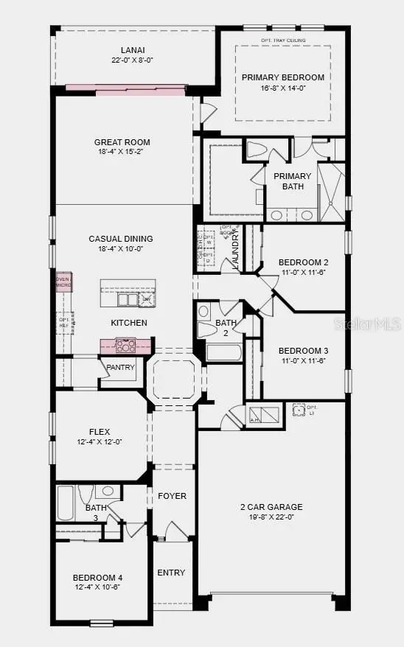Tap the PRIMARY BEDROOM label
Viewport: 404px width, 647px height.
(283, 77)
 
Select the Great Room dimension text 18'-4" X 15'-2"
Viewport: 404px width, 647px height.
(122, 153)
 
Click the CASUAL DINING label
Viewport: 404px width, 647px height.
(121, 239)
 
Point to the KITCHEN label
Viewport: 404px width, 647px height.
(129, 323)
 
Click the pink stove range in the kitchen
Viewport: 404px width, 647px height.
(125, 344)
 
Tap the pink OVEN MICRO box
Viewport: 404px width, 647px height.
(63, 281)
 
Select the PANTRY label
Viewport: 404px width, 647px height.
(119, 367)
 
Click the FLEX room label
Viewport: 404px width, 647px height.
(100, 431)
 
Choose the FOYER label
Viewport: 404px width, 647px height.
(172, 496)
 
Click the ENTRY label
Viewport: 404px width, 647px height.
(171, 573)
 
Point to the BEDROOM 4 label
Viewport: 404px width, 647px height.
(97, 577)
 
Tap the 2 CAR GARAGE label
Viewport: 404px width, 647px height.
(271, 507)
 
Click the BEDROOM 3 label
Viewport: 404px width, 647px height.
(303, 351)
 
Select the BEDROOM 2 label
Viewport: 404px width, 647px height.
(303, 262)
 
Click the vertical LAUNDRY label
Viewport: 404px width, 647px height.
(235, 252)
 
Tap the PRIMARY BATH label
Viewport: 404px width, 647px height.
(293, 181)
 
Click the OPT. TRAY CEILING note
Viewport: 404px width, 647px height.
(283, 41)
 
